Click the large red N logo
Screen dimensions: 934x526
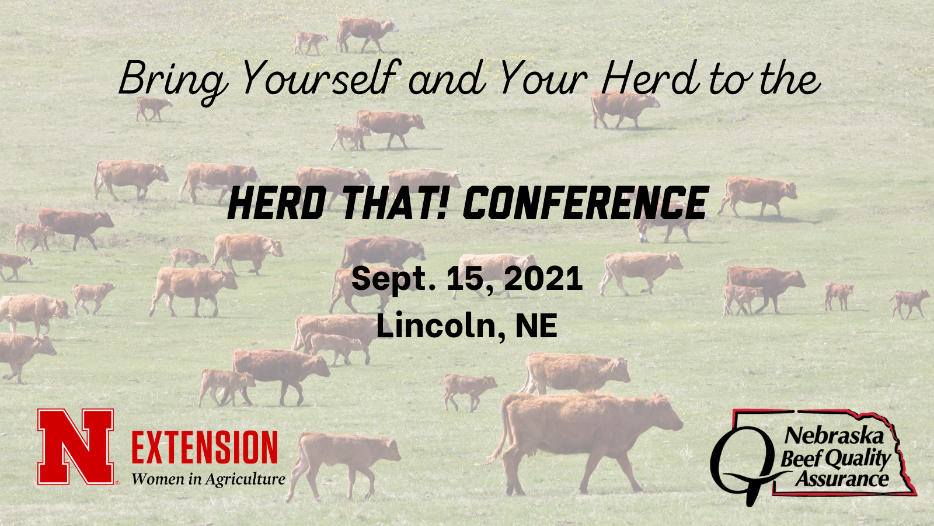click(x=76, y=447)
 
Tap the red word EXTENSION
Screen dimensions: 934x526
click(x=204, y=448)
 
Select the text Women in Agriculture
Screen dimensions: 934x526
click(x=208, y=479)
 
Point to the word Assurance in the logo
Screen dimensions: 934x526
click(x=841, y=479)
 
